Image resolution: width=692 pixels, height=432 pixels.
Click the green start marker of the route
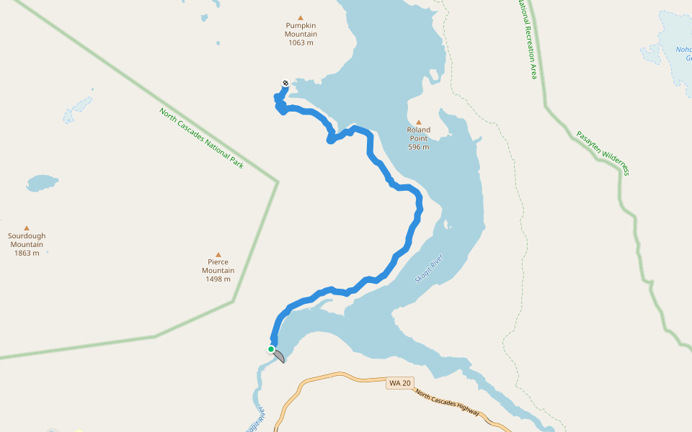point(271,349)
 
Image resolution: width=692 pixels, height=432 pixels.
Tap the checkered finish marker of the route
point(285,83)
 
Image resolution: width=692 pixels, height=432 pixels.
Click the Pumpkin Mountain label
point(301,30)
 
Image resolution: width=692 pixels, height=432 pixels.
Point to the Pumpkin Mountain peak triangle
point(301,18)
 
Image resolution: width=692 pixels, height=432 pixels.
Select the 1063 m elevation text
point(301,42)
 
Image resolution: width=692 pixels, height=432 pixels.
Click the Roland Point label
point(418,134)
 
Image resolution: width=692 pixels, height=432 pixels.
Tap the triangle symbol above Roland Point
point(418,122)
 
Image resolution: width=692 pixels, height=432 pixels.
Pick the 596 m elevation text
point(418,147)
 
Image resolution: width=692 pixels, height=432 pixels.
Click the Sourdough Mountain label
point(27,240)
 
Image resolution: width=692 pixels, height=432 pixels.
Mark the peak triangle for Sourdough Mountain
point(27,228)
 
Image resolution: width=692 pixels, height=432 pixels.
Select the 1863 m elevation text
point(27,253)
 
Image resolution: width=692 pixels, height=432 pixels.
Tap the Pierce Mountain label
point(218,266)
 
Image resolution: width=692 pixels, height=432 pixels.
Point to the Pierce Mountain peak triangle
point(218,254)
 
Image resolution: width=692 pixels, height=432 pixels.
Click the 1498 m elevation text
point(218,279)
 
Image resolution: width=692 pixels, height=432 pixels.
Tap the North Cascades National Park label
point(202,138)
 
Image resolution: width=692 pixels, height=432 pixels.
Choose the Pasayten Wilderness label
point(603,153)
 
